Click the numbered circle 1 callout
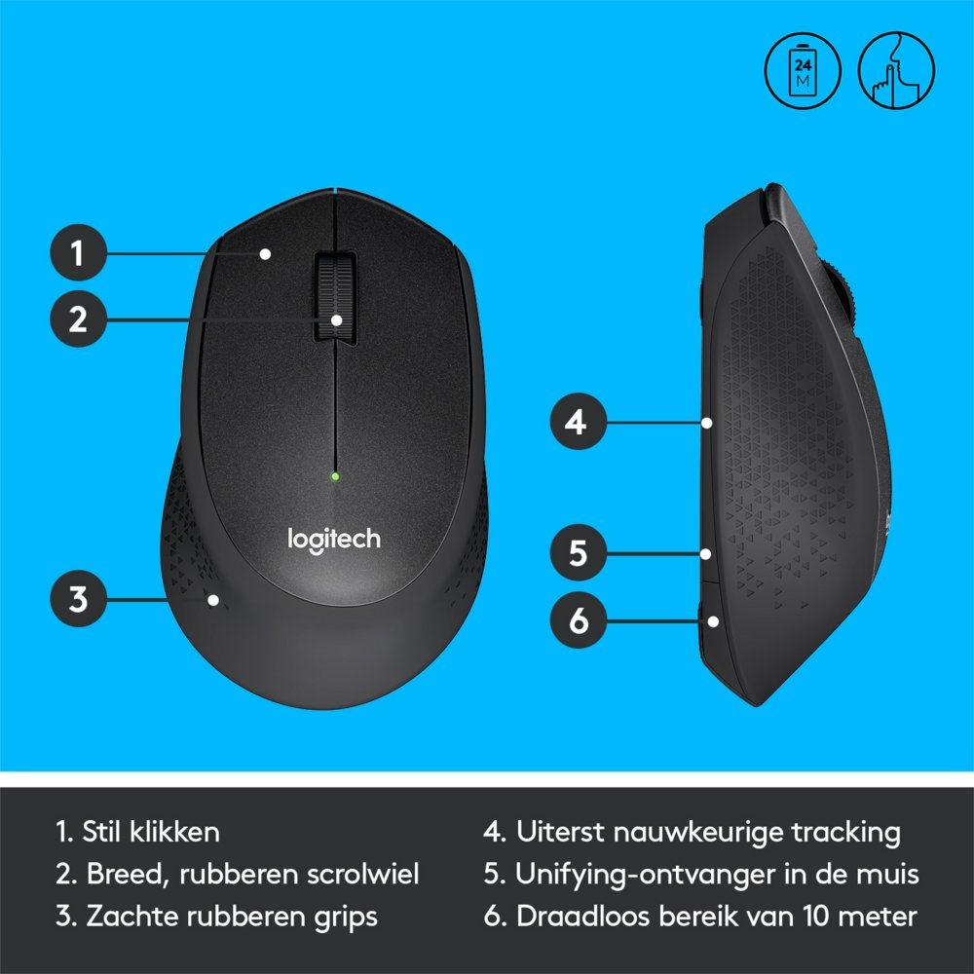tap(78, 254)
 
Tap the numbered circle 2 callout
tap(78, 318)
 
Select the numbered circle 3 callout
tap(78, 598)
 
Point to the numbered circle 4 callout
tap(579, 423)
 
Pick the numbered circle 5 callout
tap(579, 553)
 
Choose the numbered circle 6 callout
tap(579, 620)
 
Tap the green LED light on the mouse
tap(334, 477)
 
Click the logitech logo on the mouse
tap(333, 539)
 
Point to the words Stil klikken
tap(151, 833)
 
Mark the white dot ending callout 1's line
tap(265, 254)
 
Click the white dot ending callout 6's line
tap(715, 620)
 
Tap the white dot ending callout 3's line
tap(212, 599)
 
